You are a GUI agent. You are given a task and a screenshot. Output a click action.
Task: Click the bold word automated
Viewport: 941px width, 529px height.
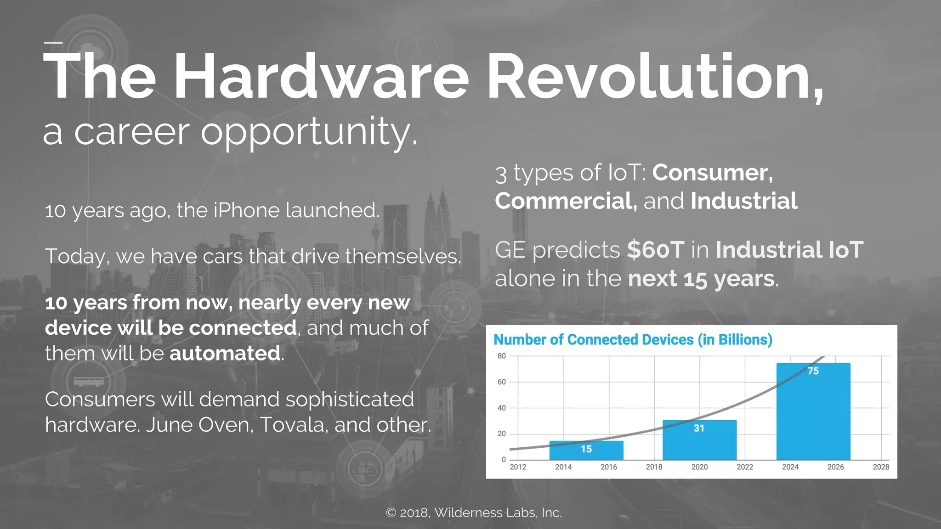tap(225, 353)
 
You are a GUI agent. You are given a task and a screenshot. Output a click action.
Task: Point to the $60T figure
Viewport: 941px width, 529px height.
tap(656, 250)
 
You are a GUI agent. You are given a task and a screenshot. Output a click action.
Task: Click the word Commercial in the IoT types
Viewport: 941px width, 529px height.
tap(566, 201)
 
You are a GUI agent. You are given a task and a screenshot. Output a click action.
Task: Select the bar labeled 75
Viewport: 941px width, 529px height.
tap(813, 411)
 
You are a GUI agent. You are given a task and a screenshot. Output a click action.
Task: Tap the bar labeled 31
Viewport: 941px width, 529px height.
tap(699, 439)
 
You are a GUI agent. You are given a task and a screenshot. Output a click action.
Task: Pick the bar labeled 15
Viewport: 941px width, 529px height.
tap(586, 450)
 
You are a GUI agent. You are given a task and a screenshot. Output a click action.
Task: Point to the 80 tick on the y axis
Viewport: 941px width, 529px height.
tap(501, 356)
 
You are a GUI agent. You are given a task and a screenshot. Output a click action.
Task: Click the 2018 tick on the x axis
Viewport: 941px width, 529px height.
tap(654, 467)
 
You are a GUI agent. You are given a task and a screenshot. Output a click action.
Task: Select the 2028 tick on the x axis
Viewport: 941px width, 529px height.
tap(880, 467)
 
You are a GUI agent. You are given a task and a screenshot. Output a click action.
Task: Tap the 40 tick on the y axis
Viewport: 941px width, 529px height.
tap(501, 408)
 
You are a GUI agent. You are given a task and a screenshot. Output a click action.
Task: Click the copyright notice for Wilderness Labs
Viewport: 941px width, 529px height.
tap(474, 512)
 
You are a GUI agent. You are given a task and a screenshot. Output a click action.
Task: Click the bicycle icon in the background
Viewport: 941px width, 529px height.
tap(365, 469)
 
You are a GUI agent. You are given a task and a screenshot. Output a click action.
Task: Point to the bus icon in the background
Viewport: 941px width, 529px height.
tap(88, 381)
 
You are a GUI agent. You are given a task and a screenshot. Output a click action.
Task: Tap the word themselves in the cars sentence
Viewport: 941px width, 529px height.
tap(402, 256)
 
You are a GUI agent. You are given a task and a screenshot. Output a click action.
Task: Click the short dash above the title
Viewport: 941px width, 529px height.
tap(53, 43)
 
